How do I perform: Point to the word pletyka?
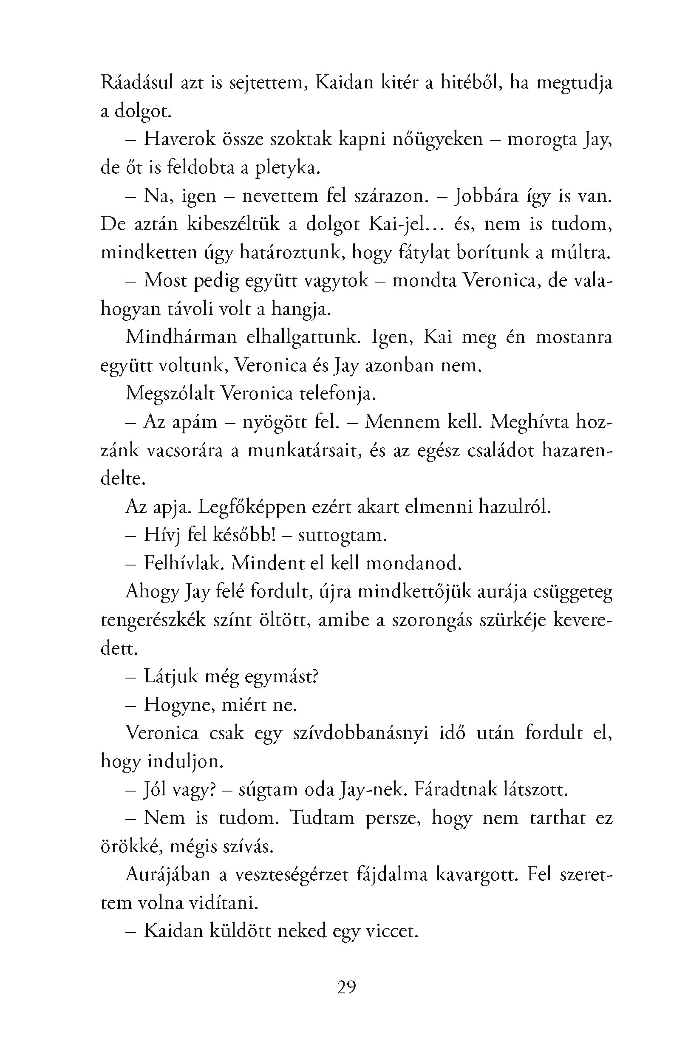[286, 168]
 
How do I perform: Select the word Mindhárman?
[181, 337]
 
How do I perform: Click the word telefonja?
[337, 393]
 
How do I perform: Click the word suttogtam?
[342, 535]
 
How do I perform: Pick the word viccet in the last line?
[391, 931]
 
